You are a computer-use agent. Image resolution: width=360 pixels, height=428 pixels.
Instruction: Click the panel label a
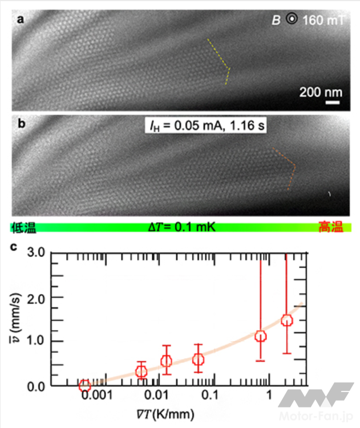tap(20, 21)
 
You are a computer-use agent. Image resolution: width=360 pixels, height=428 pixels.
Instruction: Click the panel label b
tap(20, 124)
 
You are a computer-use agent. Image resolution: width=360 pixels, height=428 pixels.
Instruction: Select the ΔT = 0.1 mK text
tap(183, 229)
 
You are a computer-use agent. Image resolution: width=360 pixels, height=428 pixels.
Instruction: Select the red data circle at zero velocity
tap(84, 386)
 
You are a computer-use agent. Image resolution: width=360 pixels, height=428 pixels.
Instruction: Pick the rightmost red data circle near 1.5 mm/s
tap(286, 320)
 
